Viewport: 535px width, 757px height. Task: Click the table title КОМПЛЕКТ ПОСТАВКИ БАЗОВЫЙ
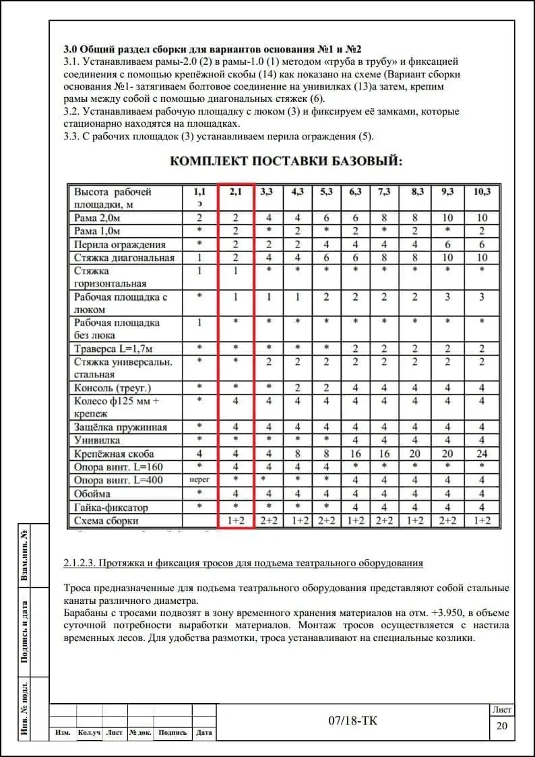click(286, 161)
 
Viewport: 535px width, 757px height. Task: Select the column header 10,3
click(482, 191)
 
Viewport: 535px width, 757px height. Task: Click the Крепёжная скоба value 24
click(482, 454)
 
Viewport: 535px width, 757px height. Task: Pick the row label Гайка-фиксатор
click(111, 507)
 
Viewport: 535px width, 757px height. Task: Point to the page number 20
click(501, 725)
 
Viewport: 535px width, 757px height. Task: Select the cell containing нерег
click(199, 481)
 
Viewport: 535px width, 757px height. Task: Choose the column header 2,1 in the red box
click(236, 191)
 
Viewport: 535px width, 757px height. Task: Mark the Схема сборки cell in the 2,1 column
click(236, 520)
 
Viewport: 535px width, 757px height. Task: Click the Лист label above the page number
click(501, 710)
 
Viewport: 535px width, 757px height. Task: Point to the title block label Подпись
click(172, 733)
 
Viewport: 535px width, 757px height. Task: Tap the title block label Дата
click(204, 733)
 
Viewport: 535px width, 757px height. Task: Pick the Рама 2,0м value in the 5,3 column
click(326, 218)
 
